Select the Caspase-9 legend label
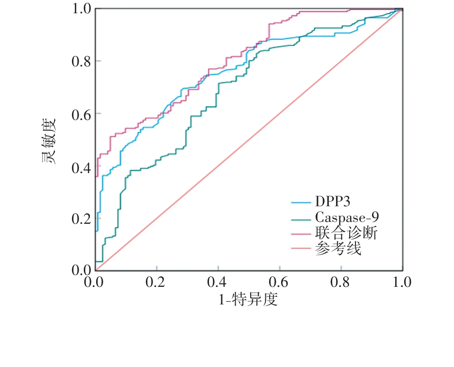346,217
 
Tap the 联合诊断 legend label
346,233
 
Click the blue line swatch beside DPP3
301,202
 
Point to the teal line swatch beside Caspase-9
301,218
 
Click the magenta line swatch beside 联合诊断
301,233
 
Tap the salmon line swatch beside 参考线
301,248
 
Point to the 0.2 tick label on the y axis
81,219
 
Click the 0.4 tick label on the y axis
81,166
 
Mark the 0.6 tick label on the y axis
81,114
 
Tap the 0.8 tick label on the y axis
81,62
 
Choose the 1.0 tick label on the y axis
81,9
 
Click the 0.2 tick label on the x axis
156,283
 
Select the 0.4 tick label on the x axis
218,283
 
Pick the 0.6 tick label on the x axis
280,283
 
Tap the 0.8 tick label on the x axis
341,283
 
